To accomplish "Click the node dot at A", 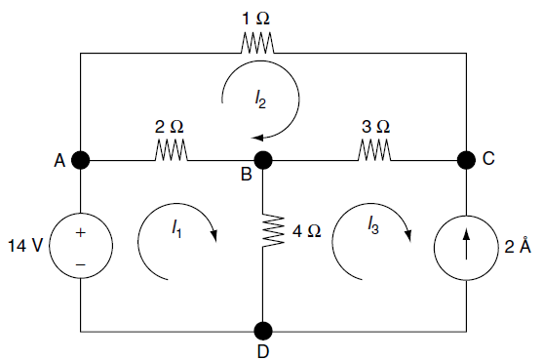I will pos(81,159).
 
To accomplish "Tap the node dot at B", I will pos(263,159).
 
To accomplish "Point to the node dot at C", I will pos(466,159).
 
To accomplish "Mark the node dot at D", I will pos(263,330).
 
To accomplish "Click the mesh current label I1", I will pos(175,229).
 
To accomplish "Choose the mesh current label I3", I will pos(373,226).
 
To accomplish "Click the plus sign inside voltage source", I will pos(81,232).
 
